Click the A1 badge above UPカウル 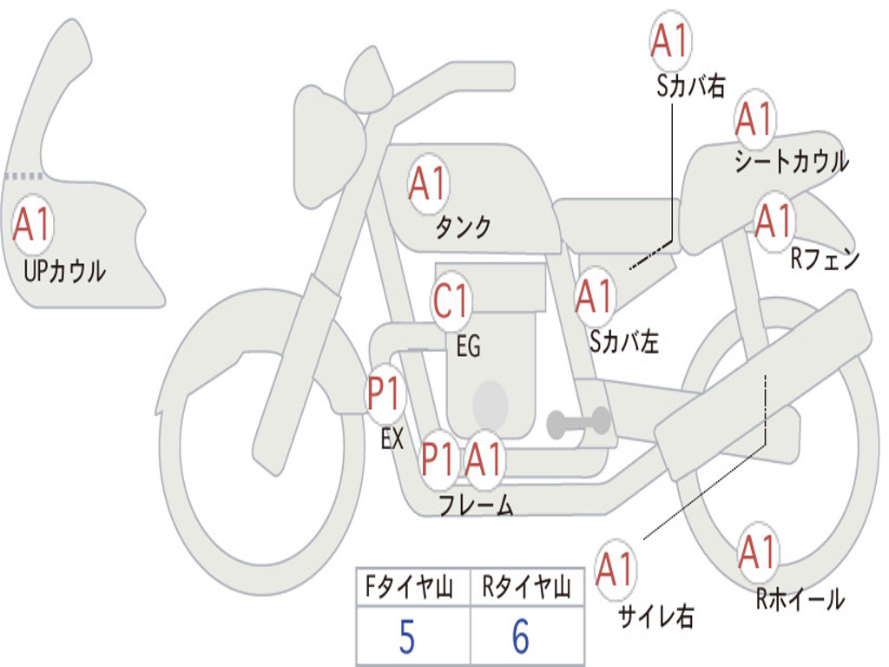click(33, 225)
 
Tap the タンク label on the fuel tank click(463, 228)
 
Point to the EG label click(467, 347)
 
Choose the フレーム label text click(476, 505)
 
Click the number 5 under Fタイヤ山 click(406, 638)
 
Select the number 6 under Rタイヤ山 click(520, 638)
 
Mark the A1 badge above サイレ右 click(616, 570)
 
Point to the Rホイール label click(800, 598)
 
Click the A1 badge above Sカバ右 click(670, 42)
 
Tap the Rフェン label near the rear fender click(824, 259)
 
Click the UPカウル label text click(64, 271)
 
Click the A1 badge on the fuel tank click(427, 184)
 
